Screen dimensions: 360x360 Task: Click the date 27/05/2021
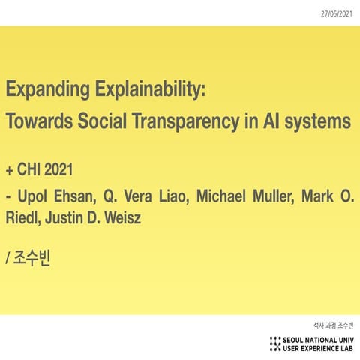pos(337,13)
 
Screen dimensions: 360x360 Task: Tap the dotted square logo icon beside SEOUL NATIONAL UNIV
pos(275,343)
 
